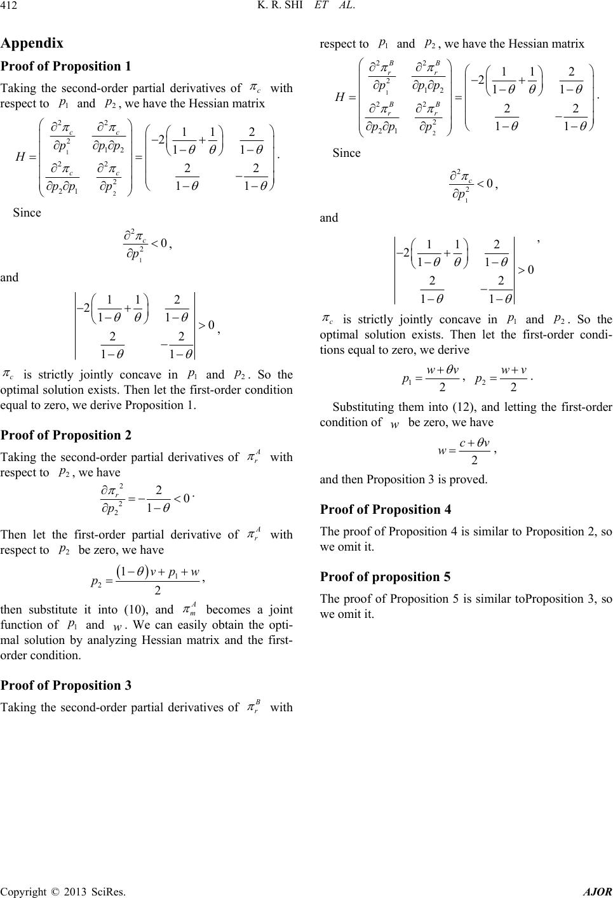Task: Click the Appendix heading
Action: (32, 44)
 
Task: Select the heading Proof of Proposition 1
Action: (66, 67)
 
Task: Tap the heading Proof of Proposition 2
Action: (66, 435)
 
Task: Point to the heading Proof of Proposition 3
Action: (66, 685)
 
